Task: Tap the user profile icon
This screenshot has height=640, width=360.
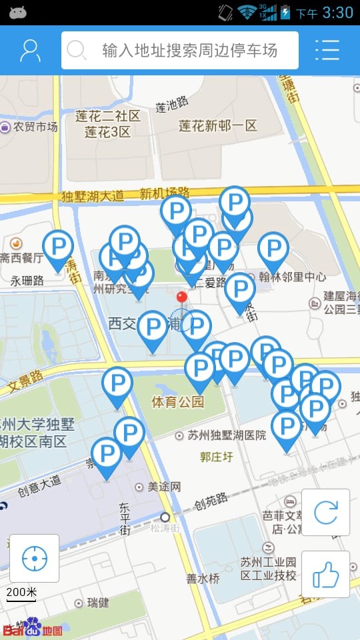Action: tap(30, 50)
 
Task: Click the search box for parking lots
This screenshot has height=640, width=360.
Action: tap(180, 50)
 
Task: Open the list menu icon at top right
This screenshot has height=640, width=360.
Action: tap(327, 50)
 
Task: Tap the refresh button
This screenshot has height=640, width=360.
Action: tap(325, 512)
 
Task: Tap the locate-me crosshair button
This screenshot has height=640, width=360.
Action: tap(34, 559)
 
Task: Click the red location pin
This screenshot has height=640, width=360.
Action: tap(181, 297)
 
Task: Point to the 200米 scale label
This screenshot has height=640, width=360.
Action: tap(22, 592)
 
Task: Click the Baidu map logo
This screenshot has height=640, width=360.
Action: tap(33, 629)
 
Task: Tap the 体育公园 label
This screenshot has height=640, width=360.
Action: tap(177, 402)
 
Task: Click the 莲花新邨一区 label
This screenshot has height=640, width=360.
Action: tap(217, 125)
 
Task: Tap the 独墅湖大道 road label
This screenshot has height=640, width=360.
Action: tap(93, 196)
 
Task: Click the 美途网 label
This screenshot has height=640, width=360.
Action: tap(163, 487)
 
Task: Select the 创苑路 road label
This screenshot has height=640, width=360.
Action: tap(211, 499)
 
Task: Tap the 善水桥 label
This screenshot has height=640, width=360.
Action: tap(203, 578)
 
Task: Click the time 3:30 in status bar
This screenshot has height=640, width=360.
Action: tap(337, 12)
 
